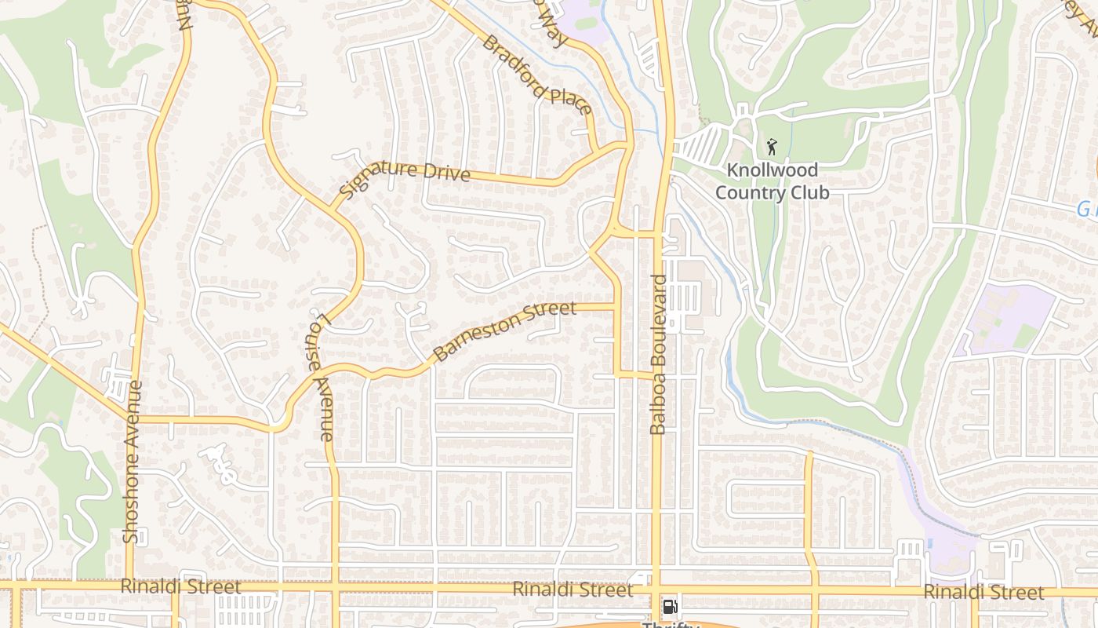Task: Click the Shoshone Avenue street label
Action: tap(131, 462)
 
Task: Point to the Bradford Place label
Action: tap(537, 75)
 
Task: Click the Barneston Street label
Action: tap(504, 330)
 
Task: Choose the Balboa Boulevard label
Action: tap(659, 354)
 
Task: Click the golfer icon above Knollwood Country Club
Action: tap(772, 147)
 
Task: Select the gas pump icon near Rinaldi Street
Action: tap(670, 606)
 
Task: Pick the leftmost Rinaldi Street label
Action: tap(180, 587)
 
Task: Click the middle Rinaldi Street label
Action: tap(573, 590)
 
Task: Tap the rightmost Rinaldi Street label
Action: tap(983, 592)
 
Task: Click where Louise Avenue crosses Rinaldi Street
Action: tap(335, 587)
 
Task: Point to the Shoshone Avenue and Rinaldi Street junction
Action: tap(129, 586)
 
